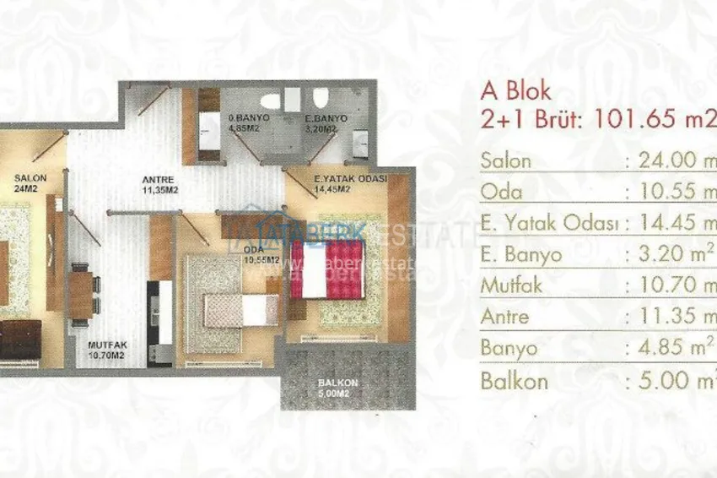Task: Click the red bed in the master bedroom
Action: pos(328,269)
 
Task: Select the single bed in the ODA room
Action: pos(240,309)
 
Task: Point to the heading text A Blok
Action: pos(515,91)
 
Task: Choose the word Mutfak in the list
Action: pos(511,286)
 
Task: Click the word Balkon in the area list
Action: pos(514,380)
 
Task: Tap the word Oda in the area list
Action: pos(501,193)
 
